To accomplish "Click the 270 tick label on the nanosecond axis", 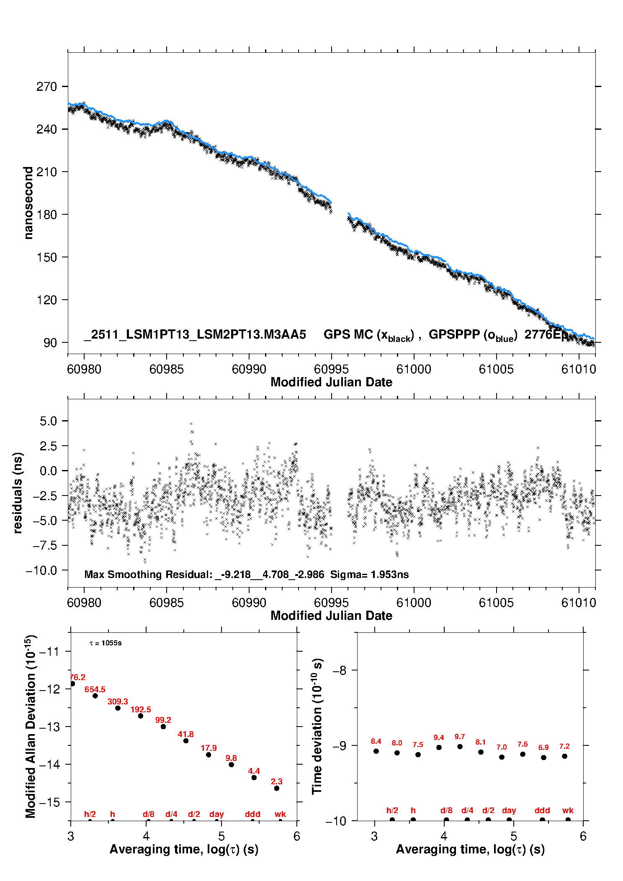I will point(46,87).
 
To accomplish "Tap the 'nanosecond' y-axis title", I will point(28,203).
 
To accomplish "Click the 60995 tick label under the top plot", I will point(331,369).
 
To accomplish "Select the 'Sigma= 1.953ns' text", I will point(369,574).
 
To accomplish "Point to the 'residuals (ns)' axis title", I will point(18,493).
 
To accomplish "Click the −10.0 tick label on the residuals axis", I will point(41,570).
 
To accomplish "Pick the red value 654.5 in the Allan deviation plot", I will point(95,689).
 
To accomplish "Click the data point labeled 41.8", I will point(186,741).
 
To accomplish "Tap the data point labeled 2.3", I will point(277,789).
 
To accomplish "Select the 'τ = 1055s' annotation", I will point(106,643).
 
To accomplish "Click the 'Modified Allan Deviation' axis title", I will point(31,726).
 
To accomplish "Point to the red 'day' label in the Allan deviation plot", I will point(216,814).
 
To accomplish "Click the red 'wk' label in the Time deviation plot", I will point(568,810).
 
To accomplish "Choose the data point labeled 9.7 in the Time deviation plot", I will point(460,747).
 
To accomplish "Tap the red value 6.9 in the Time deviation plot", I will point(543,747).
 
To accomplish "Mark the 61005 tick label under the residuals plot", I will point(496,603).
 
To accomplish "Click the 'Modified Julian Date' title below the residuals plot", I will point(331,616).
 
